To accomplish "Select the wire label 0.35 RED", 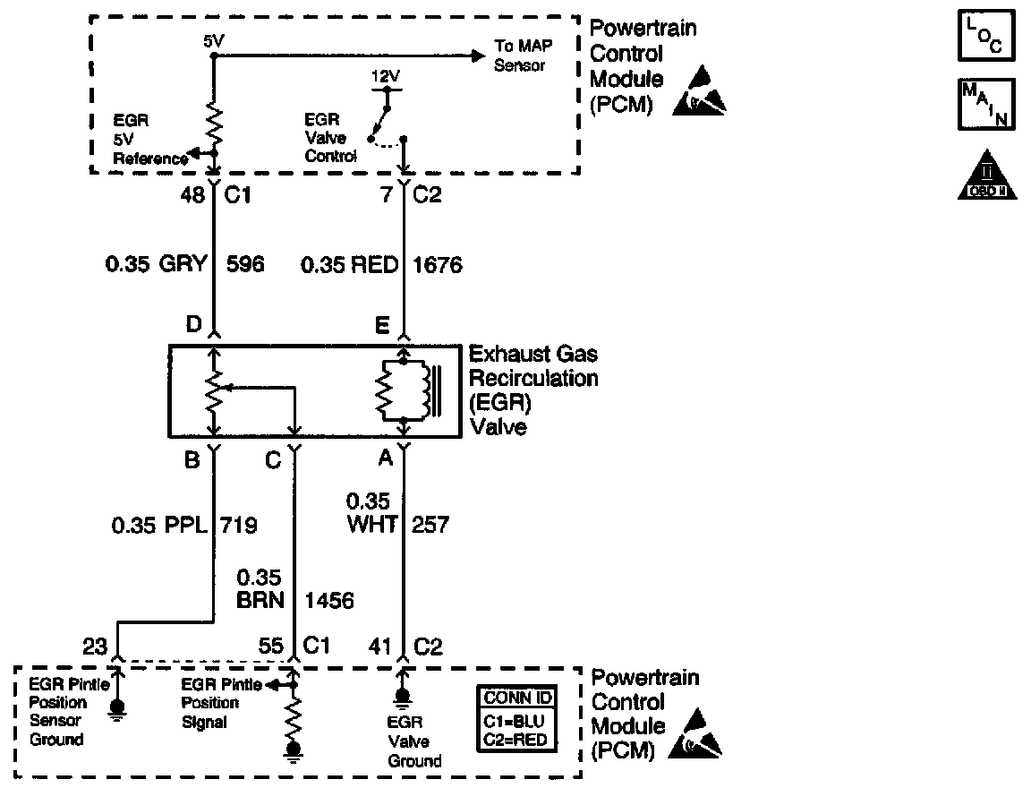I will [349, 265].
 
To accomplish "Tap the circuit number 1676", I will [438, 265].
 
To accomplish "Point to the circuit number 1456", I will [329, 600].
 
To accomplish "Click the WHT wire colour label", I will [371, 525].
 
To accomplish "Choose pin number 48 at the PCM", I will [193, 195].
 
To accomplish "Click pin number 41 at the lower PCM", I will [381, 645].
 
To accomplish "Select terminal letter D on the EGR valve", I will [193, 326].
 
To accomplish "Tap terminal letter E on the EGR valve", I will [382, 326].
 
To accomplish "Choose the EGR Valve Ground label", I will [413, 741].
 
